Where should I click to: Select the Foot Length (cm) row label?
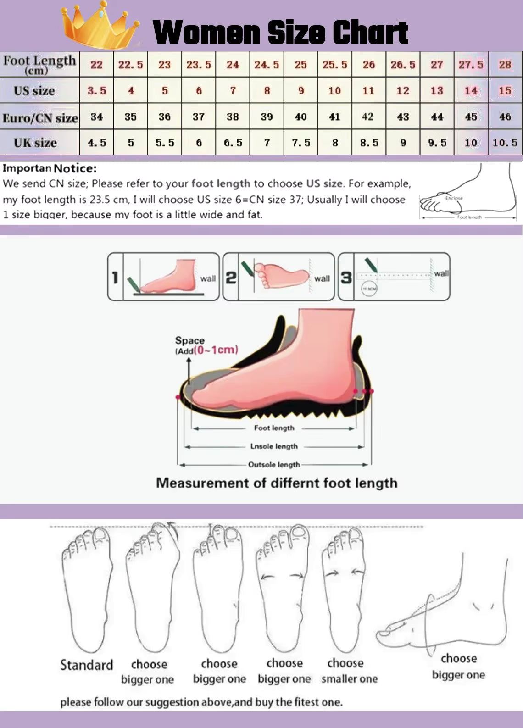coord(39,64)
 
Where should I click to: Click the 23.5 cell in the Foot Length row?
coord(199,65)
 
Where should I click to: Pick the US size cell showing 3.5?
coord(97,91)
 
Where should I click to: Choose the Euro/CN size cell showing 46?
coord(505,117)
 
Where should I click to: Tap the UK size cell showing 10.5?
coord(505,143)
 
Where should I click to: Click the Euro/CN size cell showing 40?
coord(300,117)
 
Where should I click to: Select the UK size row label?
coord(35,143)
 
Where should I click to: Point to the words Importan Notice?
coord(50,168)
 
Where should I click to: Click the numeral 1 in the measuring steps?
coord(115,278)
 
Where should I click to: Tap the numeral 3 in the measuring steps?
coord(346,278)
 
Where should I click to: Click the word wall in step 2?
coord(322,278)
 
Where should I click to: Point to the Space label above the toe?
coord(189,340)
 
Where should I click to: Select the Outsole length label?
coord(274,465)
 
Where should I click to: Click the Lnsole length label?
coord(274,446)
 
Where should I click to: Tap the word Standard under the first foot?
coord(86,665)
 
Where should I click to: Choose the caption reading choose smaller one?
coord(349,671)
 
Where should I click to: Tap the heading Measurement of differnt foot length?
coord(277,483)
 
